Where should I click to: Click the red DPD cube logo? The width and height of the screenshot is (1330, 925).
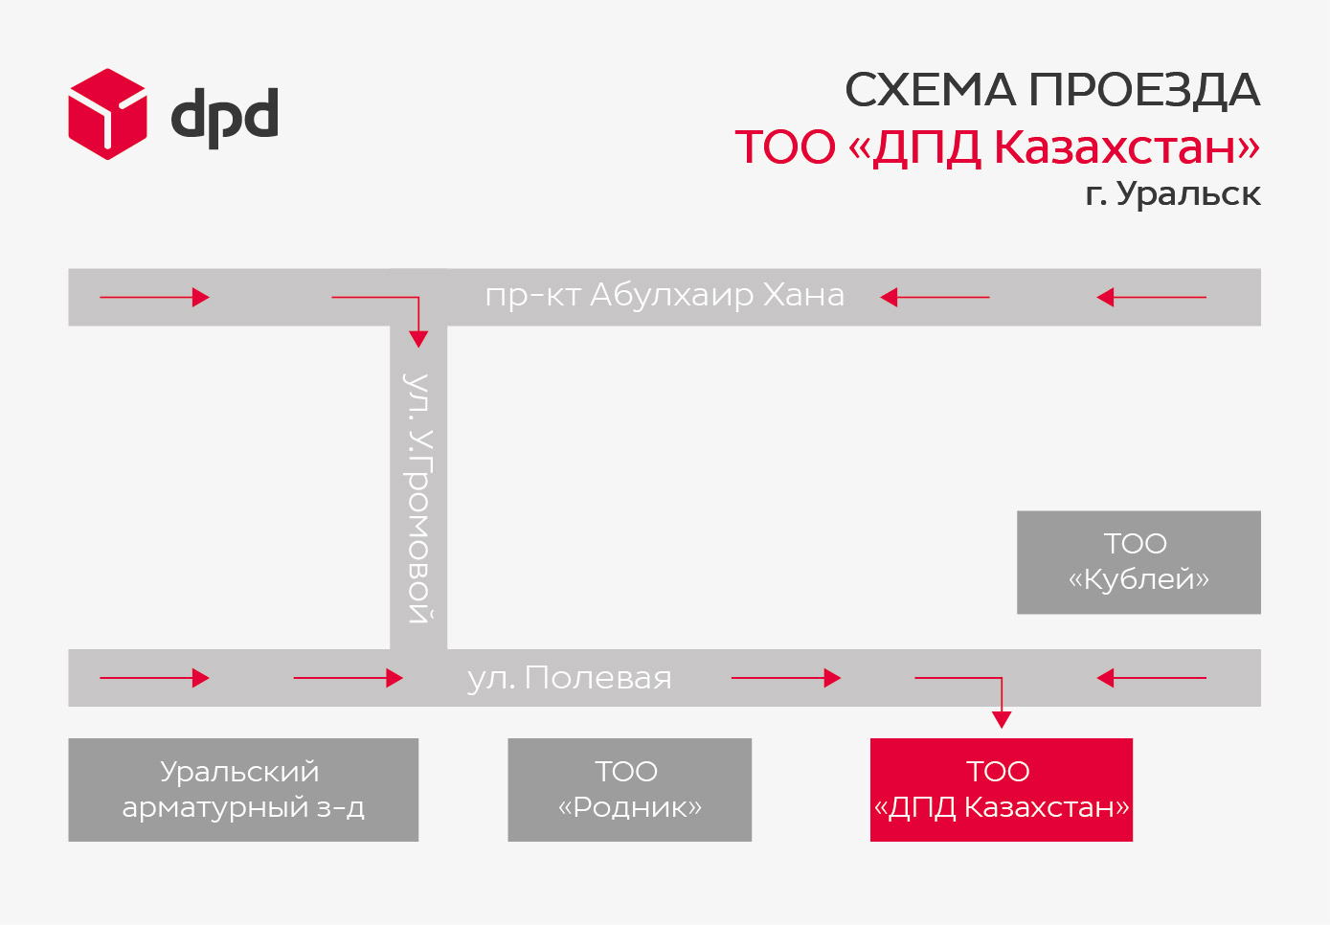pyautogui.click(x=107, y=114)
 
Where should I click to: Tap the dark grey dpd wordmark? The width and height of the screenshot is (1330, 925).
pyautogui.click(x=224, y=118)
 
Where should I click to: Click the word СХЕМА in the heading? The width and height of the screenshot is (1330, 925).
pyautogui.click(x=930, y=90)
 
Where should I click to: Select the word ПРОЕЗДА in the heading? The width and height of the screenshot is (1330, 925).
pyautogui.click(x=1143, y=91)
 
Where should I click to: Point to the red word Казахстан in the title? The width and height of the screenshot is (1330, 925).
pyautogui.click(x=1127, y=147)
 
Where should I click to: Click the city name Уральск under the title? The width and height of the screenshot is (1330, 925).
pyautogui.click(x=1188, y=194)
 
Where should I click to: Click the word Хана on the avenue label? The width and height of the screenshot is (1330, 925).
pyautogui.click(x=804, y=295)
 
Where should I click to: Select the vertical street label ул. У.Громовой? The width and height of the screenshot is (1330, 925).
pyautogui.click(x=418, y=498)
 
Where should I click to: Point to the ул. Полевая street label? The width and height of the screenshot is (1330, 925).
pyautogui.click(x=570, y=678)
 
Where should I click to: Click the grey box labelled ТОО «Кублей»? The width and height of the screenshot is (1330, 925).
pyautogui.click(x=1138, y=562)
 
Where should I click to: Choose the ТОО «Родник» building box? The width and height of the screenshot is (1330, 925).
pyautogui.click(x=629, y=790)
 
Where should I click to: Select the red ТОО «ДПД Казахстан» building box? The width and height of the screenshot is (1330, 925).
pyautogui.click(x=1002, y=790)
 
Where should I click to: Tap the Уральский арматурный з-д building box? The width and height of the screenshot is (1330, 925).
pyautogui.click(x=243, y=790)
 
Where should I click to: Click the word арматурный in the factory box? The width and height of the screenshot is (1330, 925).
pyautogui.click(x=218, y=808)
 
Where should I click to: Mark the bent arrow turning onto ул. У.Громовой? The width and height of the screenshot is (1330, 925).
pyautogui.click(x=418, y=298)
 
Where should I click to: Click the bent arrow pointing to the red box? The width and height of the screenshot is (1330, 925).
pyautogui.click(x=1001, y=678)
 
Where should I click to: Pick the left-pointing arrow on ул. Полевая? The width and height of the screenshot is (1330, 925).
pyautogui.click(x=1151, y=678)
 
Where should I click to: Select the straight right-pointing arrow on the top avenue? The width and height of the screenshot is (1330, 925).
pyautogui.click(x=154, y=297)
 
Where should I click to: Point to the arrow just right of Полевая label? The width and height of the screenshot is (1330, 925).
pyautogui.click(x=786, y=678)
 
